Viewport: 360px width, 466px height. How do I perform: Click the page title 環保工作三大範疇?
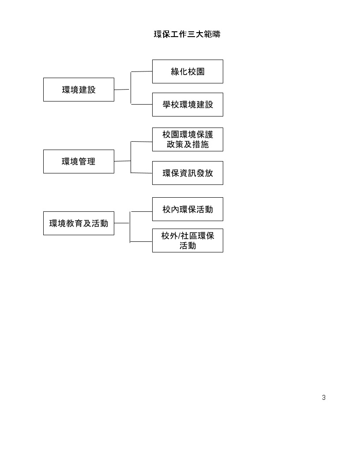point(187,34)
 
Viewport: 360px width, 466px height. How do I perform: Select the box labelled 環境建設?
point(79,90)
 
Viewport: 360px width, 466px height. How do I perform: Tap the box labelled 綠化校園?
point(187,71)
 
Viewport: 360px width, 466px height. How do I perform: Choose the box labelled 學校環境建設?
point(187,105)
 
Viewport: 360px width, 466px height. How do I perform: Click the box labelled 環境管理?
point(79,162)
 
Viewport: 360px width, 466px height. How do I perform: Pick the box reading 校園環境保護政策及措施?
point(187,139)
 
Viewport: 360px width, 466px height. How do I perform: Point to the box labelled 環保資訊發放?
point(187,173)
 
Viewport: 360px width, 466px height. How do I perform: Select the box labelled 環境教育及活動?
point(79,223)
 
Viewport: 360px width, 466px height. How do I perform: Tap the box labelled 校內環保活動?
point(187,209)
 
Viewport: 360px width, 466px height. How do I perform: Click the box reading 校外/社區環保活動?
point(187,241)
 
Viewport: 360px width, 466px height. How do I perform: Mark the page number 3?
point(324,398)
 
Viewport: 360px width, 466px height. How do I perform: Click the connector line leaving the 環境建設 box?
point(122,90)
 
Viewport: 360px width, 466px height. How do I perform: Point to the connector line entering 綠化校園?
point(142,71)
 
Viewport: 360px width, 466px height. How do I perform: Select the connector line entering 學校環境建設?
point(142,105)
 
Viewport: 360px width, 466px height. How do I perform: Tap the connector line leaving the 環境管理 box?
point(123,161)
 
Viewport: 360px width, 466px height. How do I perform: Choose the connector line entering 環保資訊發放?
point(142,173)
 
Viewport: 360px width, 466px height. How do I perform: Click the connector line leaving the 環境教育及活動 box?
point(122,223)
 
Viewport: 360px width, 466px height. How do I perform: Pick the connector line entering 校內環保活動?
point(142,211)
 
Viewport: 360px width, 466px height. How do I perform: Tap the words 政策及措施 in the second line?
point(187,144)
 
